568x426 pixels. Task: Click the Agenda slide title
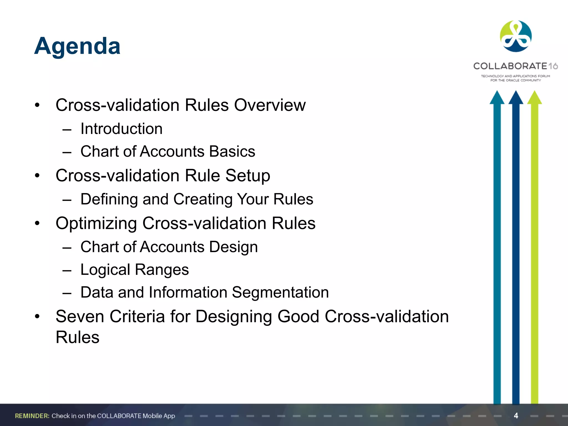[x=77, y=46]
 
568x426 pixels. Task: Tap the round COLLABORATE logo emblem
[x=516, y=36]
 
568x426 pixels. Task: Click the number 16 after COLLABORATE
[x=553, y=66]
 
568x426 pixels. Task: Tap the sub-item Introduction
[x=121, y=129]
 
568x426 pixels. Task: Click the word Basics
[x=232, y=151]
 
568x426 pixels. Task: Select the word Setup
[x=247, y=176]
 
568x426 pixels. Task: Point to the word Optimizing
[x=96, y=224]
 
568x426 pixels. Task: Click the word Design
[x=233, y=247]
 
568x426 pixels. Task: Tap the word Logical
[x=105, y=270]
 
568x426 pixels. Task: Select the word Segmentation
[x=280, y=292]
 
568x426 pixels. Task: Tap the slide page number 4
[x=516, y=415]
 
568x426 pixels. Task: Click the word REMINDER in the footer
[x=32, y=416]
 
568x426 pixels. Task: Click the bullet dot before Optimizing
[x=37, y=223]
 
